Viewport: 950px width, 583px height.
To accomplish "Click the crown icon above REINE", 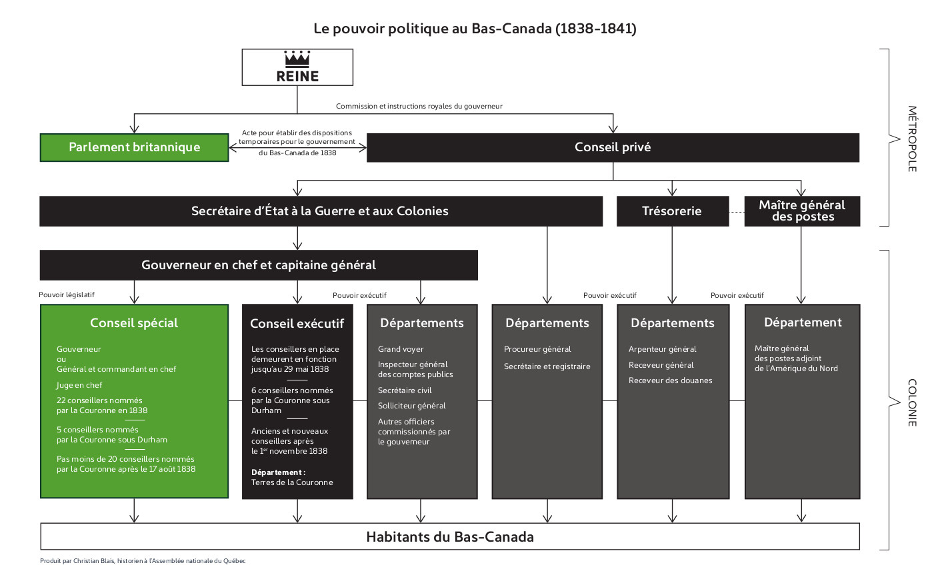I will pyautogui.click(x=297, y=59).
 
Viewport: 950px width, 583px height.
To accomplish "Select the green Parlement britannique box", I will pyautogui.click(x=134, y=147).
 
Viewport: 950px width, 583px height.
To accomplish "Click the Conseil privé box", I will pyautogui.click(x=613, y=147).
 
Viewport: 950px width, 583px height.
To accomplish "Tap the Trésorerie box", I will pyautogui.click(x=672, y=211).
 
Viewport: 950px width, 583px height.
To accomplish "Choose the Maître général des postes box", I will pyautogui.click(x=802, y=211).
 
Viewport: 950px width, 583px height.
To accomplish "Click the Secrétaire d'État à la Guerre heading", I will pyautogui.click(x=320, y=211).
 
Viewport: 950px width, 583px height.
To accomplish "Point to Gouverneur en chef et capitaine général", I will pyautogui.click(x=259, y=265).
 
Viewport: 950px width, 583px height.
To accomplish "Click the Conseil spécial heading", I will pyautogui.click(x=134, y=323).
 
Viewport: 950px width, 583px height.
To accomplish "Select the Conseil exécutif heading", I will pyautogui.click(x=297, y=324).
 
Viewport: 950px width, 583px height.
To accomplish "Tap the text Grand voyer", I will pyautogui.click(x=401, y=349).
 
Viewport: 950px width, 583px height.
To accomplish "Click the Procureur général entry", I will pyautogui.click(x=537, y=349).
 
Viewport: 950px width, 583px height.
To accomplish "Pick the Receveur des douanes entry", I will pyautogui.click(x=670, y=380).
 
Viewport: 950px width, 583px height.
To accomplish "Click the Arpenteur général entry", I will pyautogui.click(x=662, y=349).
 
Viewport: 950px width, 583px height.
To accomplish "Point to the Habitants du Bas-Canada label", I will pyautogui.click(x=450, y=537).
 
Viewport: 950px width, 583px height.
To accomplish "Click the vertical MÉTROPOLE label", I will pyautogui.click(x=912, y=139).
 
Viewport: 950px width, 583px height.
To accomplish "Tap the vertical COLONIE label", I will pyautogui.click(x=912, y=402).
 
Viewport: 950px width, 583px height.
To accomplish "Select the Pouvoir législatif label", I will pyautogui.click(x=67, y=294).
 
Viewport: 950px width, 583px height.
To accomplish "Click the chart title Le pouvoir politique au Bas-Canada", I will pyautogui.click(x=475, y=29).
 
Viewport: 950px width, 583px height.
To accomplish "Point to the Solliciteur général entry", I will pyautogui.click(x=411, y=406).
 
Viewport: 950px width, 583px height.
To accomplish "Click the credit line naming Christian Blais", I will pyautogui.click(x=143, y=561).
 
